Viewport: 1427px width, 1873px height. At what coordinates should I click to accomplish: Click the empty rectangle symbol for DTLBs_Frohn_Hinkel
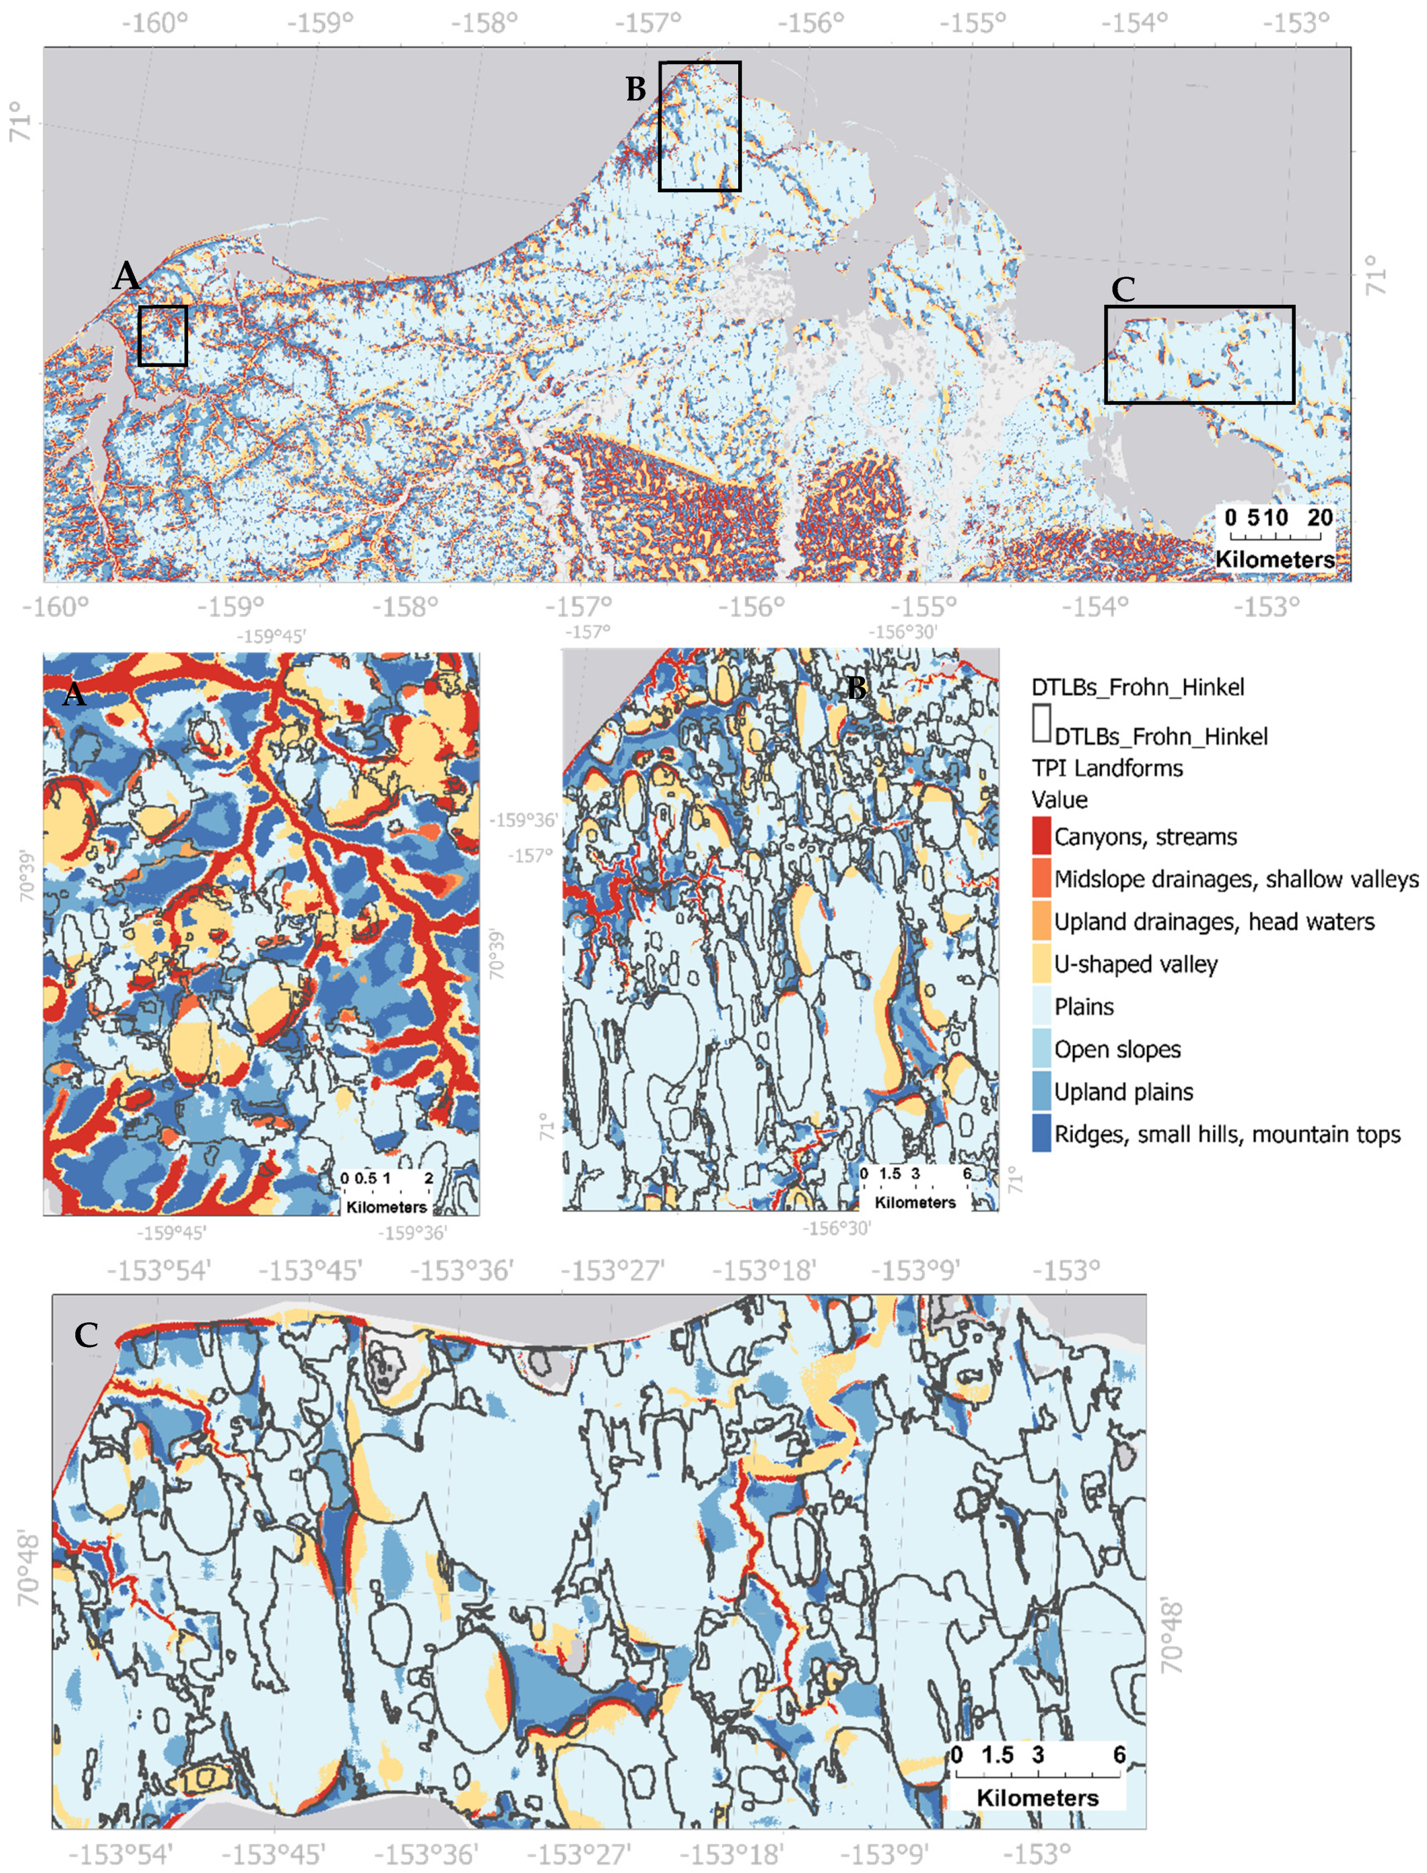coord(1041,724)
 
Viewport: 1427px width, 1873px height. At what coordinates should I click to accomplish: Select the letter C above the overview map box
coord(1123,289)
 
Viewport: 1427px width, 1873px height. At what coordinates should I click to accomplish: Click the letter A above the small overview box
coord(126,275)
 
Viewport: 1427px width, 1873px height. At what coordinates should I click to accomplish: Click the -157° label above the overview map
coord(662,22)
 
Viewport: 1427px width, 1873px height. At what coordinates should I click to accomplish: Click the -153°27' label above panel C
coord(612,1271)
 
